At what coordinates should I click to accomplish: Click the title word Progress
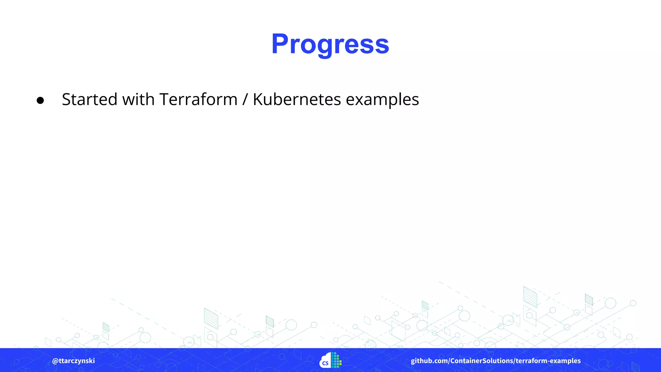coord(330,44)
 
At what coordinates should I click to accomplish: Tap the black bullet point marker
coord(40,100)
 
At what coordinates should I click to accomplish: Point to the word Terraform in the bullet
coord(198,99)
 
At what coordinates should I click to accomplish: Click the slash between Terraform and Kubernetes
coord(245,99)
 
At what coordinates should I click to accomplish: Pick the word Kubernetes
coord(297,99)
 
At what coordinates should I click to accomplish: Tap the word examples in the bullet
coord(382,100)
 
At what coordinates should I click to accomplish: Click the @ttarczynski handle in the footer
coord(73,361)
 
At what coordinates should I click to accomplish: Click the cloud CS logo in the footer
coord(326,361)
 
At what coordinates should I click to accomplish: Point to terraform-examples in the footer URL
coord(548,361)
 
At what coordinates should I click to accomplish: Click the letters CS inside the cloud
coord(325,363)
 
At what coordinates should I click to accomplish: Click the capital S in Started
coord(67,99)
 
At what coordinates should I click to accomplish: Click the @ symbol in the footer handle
coord(55,361)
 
